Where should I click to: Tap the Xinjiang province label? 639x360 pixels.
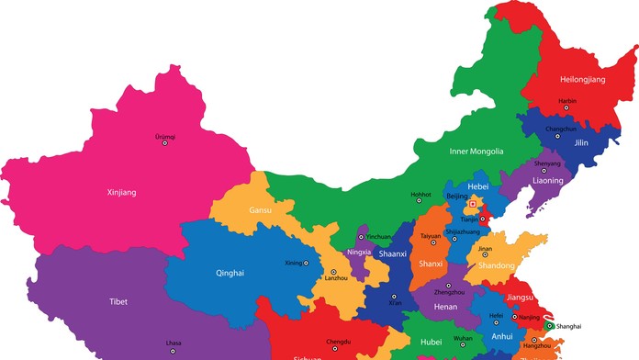(x=119, y=192)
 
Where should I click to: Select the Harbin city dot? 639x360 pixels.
(x=566, y=108)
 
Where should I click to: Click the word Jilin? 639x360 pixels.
(x=580, y=143)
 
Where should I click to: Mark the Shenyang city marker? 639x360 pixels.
(x=546, y=171)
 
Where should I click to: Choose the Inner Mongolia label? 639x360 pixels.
(x=476, y=151)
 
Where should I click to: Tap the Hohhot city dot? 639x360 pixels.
(x=420, y=202)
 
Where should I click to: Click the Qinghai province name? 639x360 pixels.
(x=230, y=273)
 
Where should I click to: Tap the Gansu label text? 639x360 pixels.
(x=260, y=210)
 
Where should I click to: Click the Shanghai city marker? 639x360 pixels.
(x=549, y=326)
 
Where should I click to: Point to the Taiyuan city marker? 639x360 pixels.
(x=431, y=243)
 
